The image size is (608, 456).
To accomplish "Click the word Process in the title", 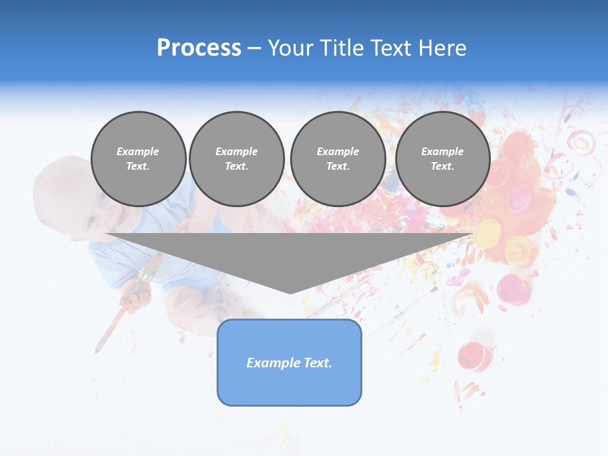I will click(x=199, y=48).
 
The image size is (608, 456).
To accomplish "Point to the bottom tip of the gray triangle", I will click(x=290, y=293).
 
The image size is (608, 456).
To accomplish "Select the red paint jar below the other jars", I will click(x=474, y=356).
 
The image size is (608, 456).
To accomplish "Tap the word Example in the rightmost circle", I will click(x=442, y=151).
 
